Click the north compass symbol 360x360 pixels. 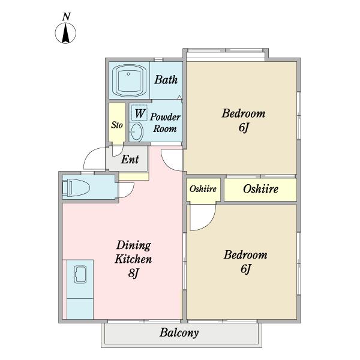(x=65, y=33)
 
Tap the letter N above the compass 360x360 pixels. (x=66, y=17)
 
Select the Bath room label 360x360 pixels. (x=166, y=80)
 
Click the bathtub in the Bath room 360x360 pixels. (x=128, y=81)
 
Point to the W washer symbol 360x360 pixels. (x=140, y=113)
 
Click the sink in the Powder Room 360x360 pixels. (x=136, y=131)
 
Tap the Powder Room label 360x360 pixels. (x=165, y=123)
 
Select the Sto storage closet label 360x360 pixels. (x=117, y=125)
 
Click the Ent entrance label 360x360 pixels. (x=130, y=159)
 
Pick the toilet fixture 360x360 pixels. (x=76, y=188)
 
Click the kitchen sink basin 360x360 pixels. (x=80, y=274)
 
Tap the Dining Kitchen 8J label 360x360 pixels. (x=133, y=259)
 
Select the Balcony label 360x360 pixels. (x=179, y=332)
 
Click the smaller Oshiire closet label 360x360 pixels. (x=203, y=189)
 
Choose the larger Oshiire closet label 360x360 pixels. (x=260, y=189)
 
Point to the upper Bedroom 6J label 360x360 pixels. (x=244, y=120)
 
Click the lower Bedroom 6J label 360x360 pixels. (x=245, y=262)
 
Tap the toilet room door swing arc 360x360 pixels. (x=130, y=193)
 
